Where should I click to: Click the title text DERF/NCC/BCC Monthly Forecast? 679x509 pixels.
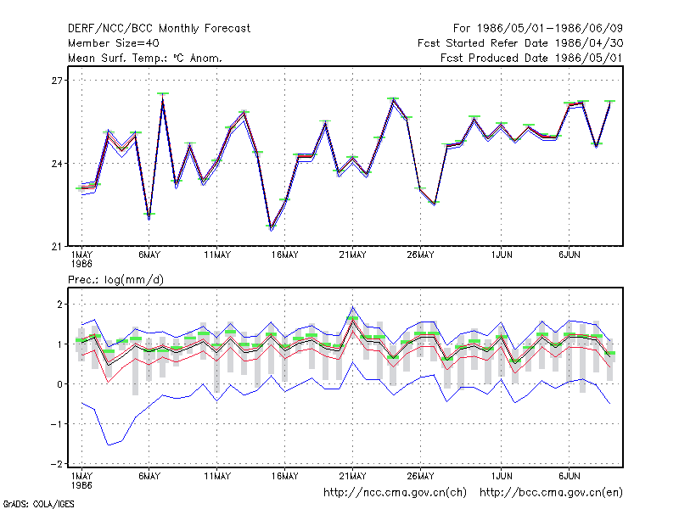159,29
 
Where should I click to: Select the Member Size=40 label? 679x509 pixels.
114,43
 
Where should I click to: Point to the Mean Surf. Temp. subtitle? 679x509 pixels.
145,58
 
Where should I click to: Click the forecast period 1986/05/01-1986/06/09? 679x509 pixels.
538,29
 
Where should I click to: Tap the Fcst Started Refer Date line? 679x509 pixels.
520,43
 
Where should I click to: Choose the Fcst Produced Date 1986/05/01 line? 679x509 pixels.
532,58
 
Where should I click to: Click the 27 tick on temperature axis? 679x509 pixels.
57,81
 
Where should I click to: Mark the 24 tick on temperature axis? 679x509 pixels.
57,164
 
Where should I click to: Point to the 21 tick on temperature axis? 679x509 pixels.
57,247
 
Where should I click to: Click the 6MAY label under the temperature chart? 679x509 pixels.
149,255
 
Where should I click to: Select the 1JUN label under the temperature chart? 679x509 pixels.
502,255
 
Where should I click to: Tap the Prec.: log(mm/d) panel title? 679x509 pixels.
115,280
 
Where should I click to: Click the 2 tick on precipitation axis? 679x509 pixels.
59,305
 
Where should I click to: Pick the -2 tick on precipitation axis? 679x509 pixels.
57,463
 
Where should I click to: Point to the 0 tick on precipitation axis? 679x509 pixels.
59,384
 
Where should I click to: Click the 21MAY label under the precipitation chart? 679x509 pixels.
352,476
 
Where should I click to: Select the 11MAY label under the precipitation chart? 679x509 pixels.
217,476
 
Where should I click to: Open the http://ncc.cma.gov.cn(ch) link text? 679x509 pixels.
395,493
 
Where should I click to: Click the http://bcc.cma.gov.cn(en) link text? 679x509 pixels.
551,493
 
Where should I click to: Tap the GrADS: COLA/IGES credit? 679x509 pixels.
38,504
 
